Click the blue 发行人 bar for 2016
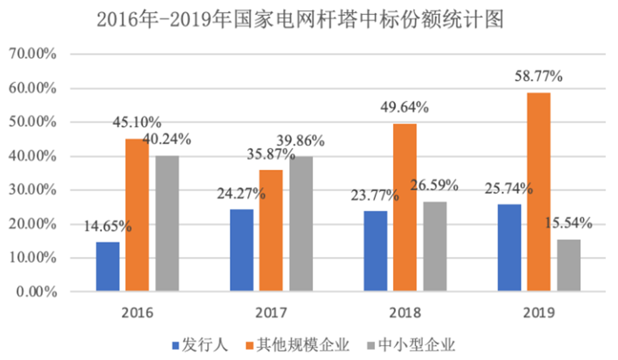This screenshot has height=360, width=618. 107,266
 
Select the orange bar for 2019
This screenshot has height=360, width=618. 539,192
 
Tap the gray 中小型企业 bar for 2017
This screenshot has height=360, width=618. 301,224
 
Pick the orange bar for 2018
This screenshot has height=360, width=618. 404,208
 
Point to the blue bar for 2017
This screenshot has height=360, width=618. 241,250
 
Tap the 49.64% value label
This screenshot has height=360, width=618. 404,108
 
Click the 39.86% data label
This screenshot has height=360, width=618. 301,141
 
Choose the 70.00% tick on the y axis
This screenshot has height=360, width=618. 31,54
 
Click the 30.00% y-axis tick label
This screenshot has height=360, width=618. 31,190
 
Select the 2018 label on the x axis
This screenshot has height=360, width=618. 404,312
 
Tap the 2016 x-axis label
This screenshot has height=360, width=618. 137,312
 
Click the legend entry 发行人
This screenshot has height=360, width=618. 200,346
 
